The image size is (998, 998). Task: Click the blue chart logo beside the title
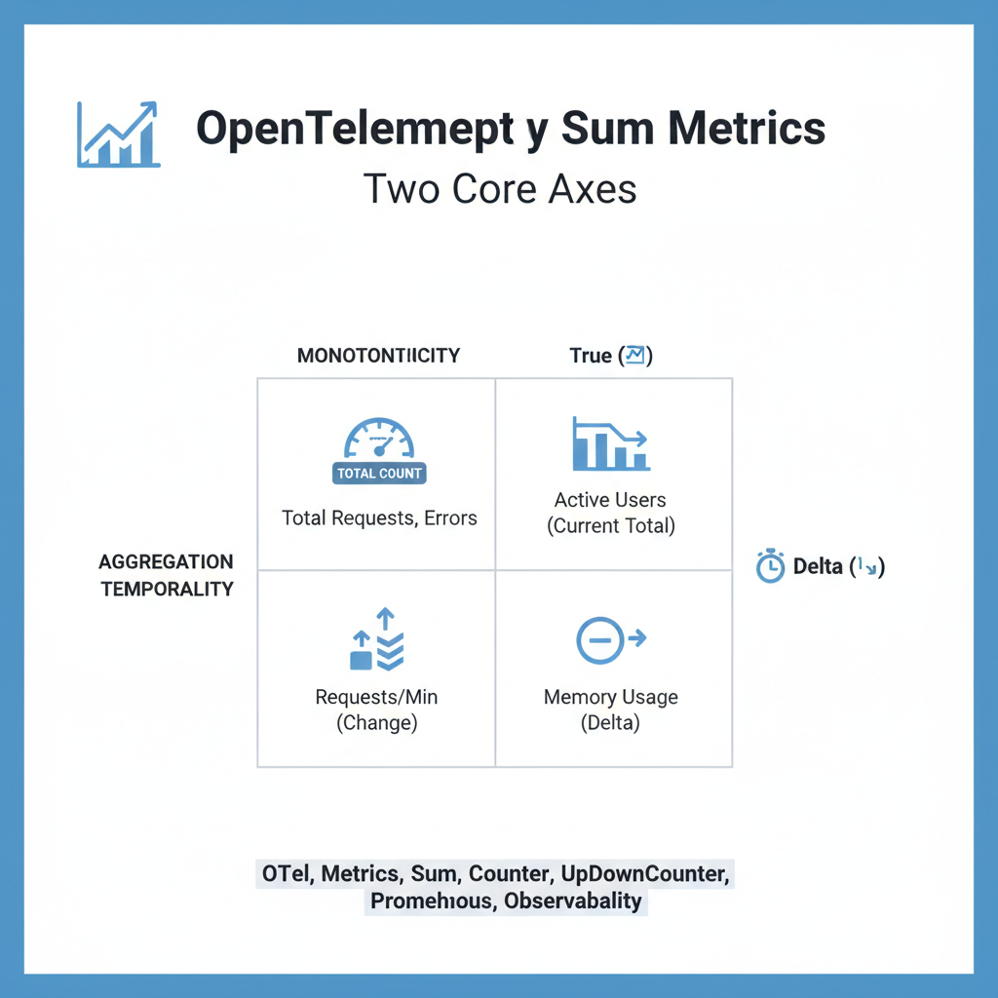118,134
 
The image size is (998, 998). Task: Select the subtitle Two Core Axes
500,187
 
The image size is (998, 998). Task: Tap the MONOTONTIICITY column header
378,356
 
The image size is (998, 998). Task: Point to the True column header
591,356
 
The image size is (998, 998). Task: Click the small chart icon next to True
634,356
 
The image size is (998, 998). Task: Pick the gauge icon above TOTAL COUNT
379,439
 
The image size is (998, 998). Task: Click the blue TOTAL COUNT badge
379,474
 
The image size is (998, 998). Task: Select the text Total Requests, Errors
379,518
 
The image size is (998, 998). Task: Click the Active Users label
610,500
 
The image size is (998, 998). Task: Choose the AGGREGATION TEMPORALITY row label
167,575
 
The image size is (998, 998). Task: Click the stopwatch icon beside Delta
770,566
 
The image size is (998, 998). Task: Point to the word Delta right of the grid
817,566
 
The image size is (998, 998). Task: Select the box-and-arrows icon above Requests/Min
377,640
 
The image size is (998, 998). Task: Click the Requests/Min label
376,698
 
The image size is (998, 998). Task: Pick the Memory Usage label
610,698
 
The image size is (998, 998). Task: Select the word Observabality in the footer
573,901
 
